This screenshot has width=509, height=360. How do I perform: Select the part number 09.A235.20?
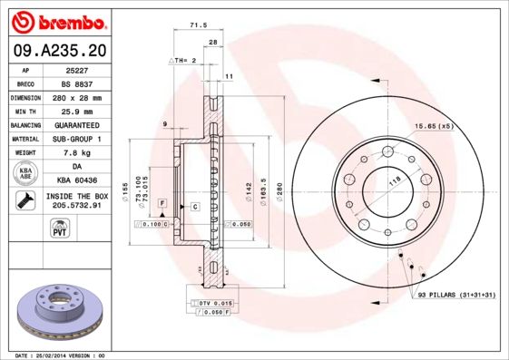click(x=60, y=51)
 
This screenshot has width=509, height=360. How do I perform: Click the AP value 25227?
click(x=77, y=69)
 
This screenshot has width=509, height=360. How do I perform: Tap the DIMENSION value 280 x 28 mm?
click(x=77, y=97)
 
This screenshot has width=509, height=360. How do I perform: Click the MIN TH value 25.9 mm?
click(x=77, y=111)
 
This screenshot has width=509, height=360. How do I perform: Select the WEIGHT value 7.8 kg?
click(x=77, y=152)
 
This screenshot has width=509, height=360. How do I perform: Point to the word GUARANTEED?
click(x=77, y=124)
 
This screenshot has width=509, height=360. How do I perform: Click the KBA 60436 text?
click(x=77, y=180)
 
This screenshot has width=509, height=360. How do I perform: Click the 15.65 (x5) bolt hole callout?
click(x=433, y=126)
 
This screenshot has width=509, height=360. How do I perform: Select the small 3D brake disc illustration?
click(x=60, y=311)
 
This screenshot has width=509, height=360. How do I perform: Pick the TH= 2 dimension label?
click(x=182, y=60)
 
